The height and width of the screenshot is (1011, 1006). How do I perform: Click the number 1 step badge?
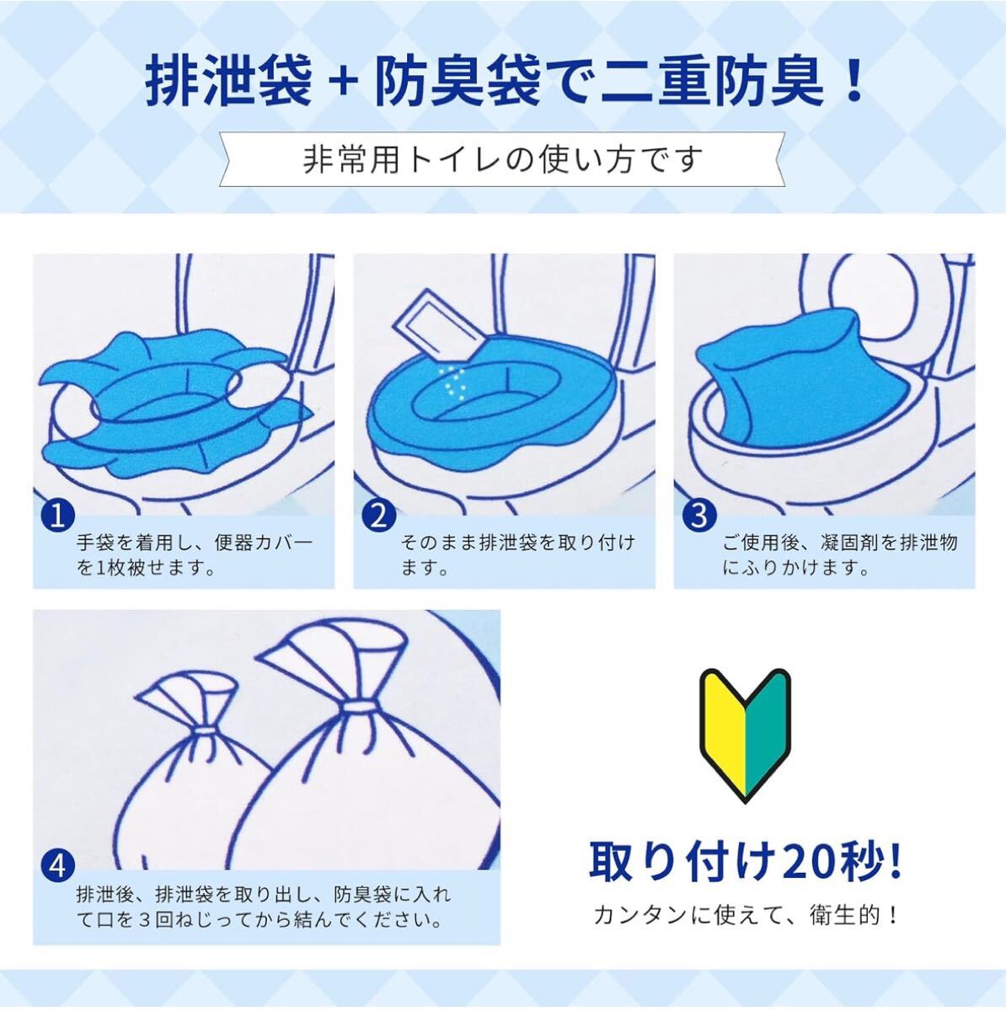pos(58,516)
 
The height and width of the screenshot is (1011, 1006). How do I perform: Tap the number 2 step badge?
pos(378,516)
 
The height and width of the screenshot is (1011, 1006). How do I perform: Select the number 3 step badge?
pos(699,516)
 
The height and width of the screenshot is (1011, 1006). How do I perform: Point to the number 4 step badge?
pos(58,867)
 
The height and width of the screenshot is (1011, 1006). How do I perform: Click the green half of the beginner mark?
pos(768,736)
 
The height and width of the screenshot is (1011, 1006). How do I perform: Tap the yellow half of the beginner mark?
pos(723,736)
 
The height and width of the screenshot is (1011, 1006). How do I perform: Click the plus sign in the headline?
pos(343,83)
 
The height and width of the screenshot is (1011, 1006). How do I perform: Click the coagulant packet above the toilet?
pos(436,329)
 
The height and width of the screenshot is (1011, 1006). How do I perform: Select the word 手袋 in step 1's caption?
pos(96,543)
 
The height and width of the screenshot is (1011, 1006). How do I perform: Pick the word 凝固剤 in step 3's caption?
pos(850,543)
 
